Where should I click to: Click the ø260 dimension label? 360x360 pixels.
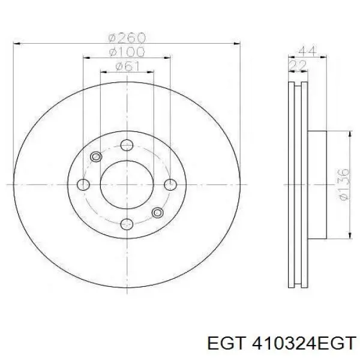(126, 37)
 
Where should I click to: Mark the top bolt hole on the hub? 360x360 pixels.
(126, 145)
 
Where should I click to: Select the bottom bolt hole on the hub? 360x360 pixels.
(126, 224)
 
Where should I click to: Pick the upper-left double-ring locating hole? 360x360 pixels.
(95, 157)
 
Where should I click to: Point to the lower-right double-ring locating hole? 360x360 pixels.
(157, 212)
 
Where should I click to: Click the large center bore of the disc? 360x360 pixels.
(126, 184)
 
